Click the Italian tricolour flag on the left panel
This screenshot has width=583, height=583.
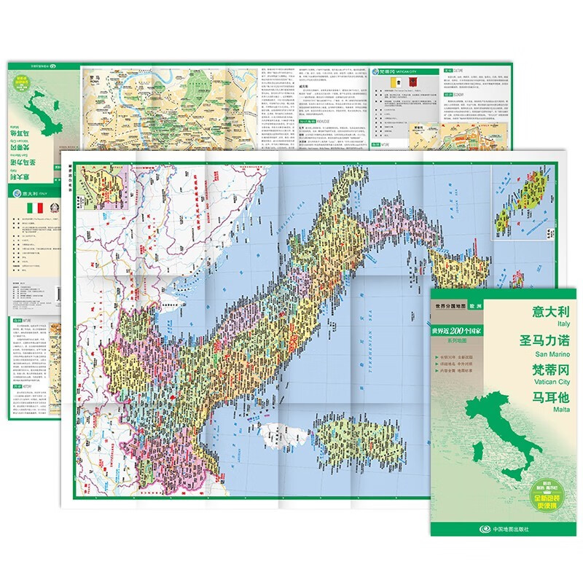34,208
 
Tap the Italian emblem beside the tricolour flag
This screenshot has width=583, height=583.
55,208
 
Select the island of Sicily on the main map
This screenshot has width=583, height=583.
453,267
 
